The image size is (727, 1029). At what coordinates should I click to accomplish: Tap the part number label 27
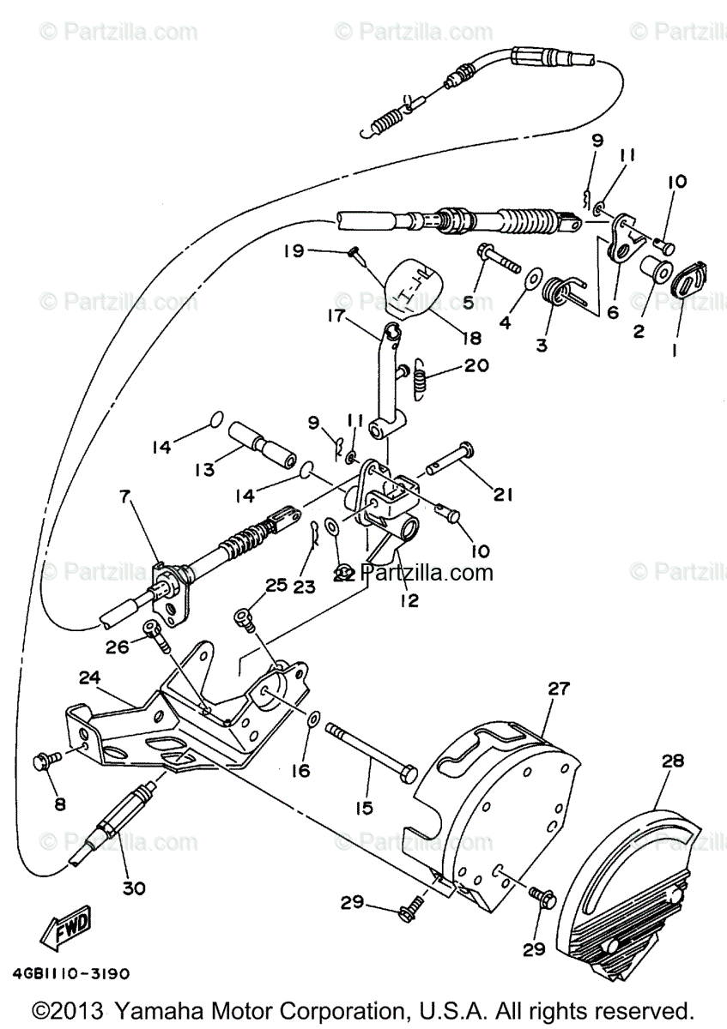[x=560, y=689]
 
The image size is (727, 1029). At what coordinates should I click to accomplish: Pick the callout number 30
[x=133, y=888]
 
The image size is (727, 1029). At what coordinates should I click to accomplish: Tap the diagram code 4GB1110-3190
[x=71, y=974]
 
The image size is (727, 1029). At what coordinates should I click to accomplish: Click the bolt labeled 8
[x=46, y=759]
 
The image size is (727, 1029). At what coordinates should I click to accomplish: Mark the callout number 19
[x=294, y=251]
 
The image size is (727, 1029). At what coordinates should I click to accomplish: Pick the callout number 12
[x=409, y=601]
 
